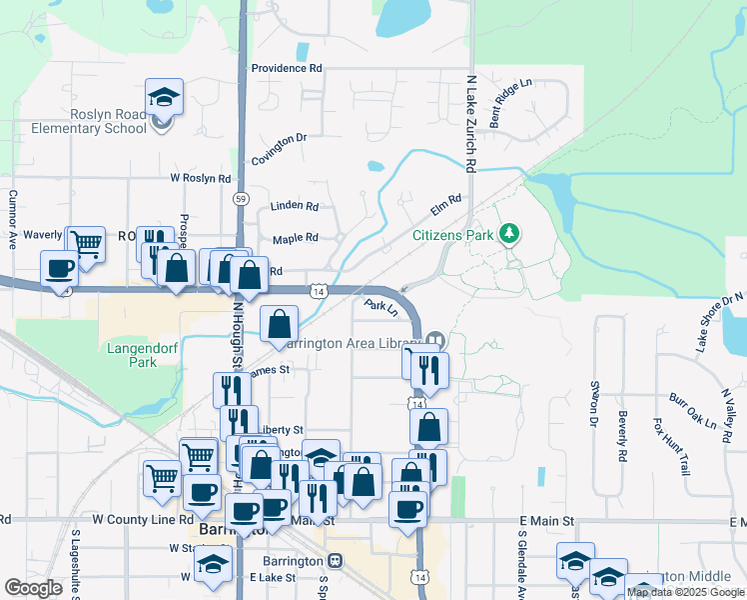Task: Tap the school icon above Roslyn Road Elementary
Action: (x=164, y=97)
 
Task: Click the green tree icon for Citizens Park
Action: (x=510, y=234)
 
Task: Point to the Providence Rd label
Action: (x=287, y=68)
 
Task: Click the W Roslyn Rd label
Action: (x=201, y=178)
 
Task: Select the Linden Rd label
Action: (x=295, y=206)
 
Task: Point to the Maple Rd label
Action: (x=296, y=238)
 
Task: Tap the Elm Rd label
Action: (x=445, y=205)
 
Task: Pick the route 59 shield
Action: (x=241, y=199)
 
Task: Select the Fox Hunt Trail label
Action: (x=671, y=447)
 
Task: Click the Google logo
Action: (x=34, y=588)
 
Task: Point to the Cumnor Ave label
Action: (x=13, y=220)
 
